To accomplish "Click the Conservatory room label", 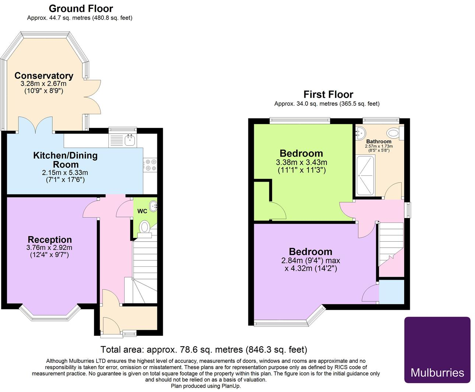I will coord(44,76).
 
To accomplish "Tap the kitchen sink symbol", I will coord(129,140).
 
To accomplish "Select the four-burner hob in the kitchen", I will coord(150,165).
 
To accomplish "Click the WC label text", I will coord(142,211).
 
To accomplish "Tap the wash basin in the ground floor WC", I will coord(153,206).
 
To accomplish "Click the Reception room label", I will coord(50,239).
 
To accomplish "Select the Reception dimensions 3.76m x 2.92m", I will coord(49,248).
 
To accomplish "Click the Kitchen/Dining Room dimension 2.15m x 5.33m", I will coord(65,172).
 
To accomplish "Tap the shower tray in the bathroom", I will coord(365,175).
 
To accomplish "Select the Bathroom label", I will coord(379,141).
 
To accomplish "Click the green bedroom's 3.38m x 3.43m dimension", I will coord(301,162).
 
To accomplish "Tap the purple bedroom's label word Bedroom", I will coord(311,252).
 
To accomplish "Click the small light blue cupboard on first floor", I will coord(391,292).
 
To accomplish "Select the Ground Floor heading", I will coord(81,8).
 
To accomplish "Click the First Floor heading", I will coord(328,94).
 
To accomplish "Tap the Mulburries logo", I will coord(437,350).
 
